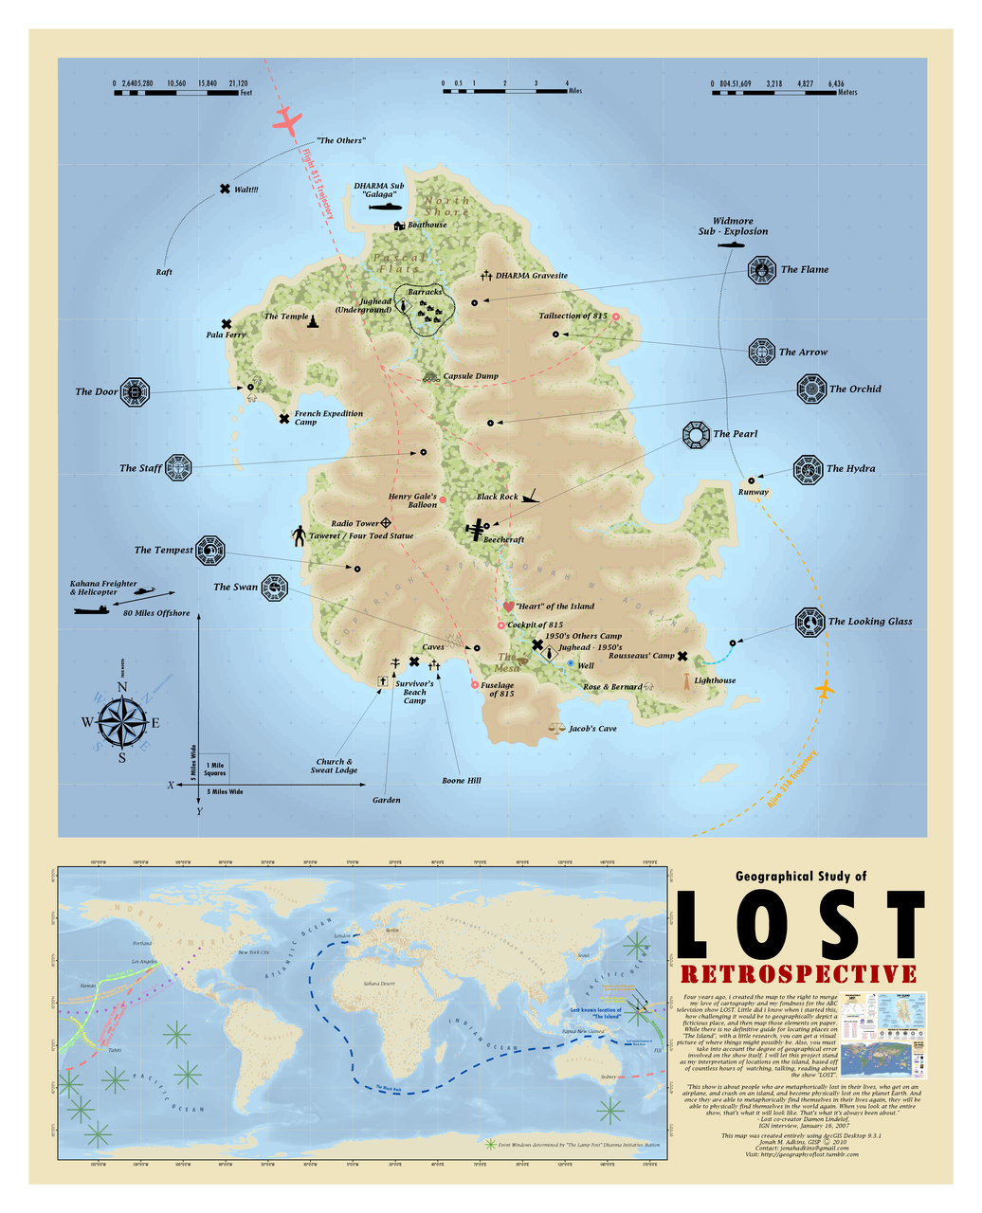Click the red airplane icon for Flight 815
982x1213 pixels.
(286, 120)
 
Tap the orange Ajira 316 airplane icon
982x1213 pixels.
(826, 688)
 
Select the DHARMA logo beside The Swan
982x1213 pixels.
(274, 588)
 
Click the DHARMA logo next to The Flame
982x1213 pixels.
(761, 270)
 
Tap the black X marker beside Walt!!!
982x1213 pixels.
(225, 190)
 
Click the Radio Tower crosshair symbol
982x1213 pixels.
(387, 523)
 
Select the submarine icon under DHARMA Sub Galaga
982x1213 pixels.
(384, 207)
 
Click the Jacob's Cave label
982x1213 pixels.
(592, 729)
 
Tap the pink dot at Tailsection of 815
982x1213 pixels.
(616, 317)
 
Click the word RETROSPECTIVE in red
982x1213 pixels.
(798, 974)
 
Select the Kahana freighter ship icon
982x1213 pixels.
(92, 609)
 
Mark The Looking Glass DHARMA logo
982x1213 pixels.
(809, 623)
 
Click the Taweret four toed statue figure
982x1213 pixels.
(300, 535)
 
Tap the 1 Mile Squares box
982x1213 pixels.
(215, 768)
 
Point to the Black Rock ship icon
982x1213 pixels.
(532, 496)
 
